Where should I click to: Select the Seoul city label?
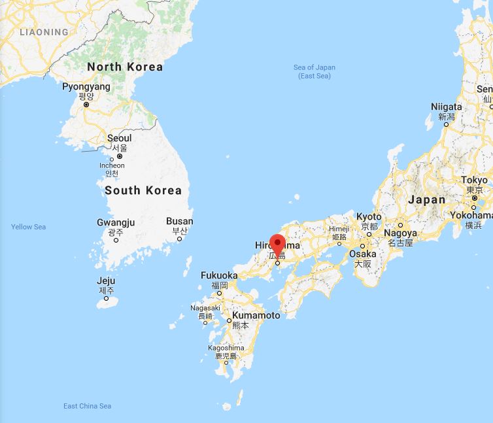point(119,138)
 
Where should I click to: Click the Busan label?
point(180,221)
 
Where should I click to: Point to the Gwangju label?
point(116,222)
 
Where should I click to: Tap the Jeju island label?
point(106,281)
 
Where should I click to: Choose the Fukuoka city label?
point(219,275)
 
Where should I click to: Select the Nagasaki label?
point(205,308)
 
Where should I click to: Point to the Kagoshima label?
point(226,348)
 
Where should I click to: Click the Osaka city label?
point(363,254)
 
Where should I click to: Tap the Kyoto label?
point(369,216)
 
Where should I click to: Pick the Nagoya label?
point(400,233)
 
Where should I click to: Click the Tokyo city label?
point(474,180)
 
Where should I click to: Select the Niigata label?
point(447,107)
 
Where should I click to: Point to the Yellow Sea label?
point(29,227)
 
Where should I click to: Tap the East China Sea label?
point(87,406)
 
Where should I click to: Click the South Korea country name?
point(143,190)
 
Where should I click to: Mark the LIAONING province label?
point(44,31)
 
